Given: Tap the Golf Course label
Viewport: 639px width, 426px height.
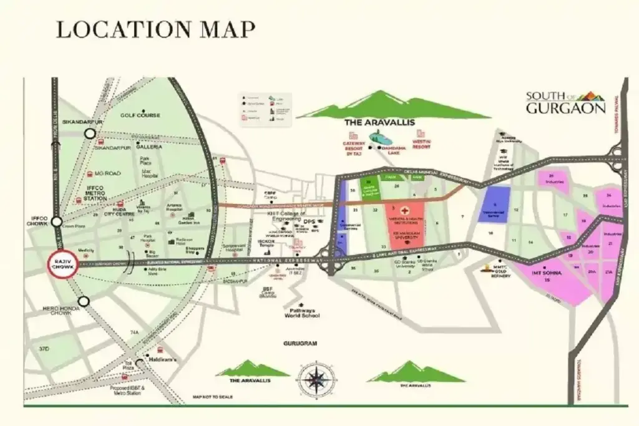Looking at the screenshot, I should coord(140,115).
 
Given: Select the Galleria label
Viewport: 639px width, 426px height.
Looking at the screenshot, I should coord(150,147).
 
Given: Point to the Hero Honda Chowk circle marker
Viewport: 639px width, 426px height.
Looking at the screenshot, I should coord(84,302).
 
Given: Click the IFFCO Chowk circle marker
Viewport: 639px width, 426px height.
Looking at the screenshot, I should coord(57,221).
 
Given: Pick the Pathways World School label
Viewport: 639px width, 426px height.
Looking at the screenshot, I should coord(303,313).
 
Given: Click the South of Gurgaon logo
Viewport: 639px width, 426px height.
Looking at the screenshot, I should coord(565,102).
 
